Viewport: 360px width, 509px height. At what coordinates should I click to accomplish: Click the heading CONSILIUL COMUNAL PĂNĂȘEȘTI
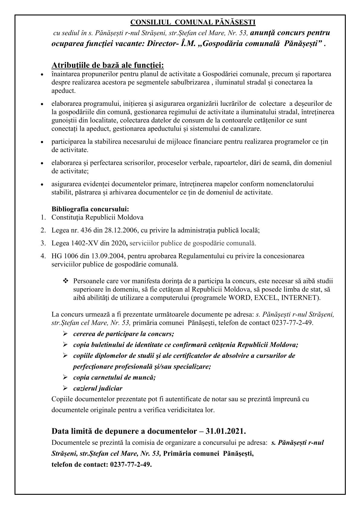[x=193, y=22]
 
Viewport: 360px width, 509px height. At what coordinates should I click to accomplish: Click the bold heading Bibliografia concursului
[x=90, y=209]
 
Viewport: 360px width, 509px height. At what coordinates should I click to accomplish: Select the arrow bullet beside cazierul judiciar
[x=65, y=388]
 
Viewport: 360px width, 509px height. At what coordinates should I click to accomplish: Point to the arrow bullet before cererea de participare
[x=65, y=334]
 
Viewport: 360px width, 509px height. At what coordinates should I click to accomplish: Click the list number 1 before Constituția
[x=43, y=217]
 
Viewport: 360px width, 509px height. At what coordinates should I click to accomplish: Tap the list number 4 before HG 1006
[x=43, y=256]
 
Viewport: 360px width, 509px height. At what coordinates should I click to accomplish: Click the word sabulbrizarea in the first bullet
[x=191, y=82]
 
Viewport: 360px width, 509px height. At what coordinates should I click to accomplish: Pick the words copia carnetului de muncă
[x=114, y=377]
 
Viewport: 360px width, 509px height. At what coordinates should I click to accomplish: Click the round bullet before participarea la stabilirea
[x=42, y=142]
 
